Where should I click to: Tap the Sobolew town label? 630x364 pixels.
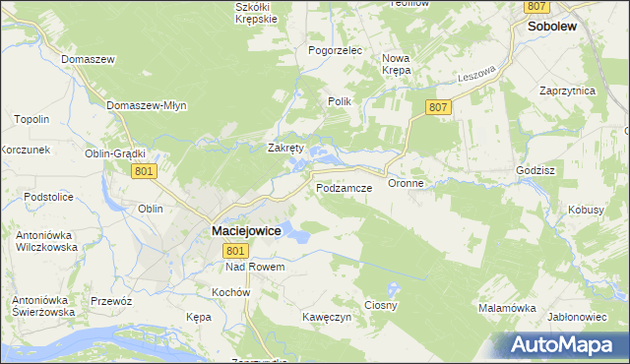point(551,29)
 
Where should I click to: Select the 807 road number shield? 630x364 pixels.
point(440,106)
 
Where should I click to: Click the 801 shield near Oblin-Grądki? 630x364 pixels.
point(144,171)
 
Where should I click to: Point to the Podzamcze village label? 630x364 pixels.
point(343,187)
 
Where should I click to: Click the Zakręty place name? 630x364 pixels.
point(286,149)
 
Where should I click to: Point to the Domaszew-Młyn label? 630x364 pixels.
point(145,105)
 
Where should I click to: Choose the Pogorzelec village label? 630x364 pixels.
point(336,50)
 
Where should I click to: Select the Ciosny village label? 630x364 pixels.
point(381,306)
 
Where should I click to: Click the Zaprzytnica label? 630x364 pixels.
point(568,90)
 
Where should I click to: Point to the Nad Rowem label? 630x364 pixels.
point(255,268)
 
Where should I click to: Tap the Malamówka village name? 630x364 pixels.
point(507,308)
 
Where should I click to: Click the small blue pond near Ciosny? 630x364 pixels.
point(394,290)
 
